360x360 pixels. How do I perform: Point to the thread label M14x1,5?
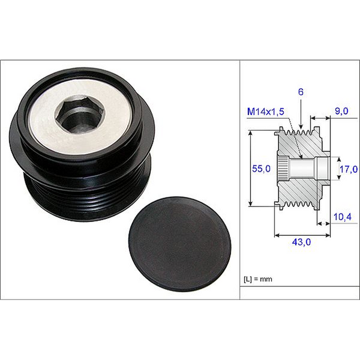point(265,112)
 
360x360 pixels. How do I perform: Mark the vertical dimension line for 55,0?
point(250,169)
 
